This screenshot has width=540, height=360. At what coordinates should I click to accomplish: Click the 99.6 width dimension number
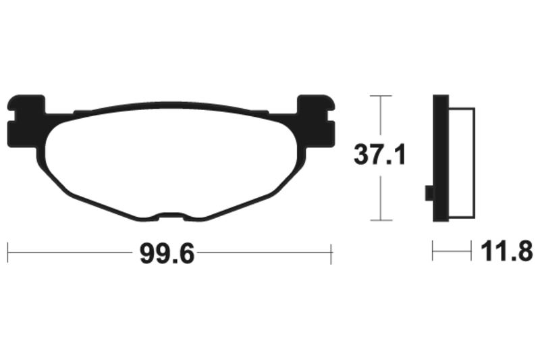click(167, 253)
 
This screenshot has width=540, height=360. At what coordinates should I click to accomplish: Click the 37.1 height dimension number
click(380, 155)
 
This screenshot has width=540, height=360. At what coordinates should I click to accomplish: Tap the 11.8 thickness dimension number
click(507, 251)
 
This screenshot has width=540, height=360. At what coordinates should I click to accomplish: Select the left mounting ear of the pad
click(26, 122)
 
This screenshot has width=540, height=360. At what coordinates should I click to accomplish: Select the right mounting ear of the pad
click(316, 122)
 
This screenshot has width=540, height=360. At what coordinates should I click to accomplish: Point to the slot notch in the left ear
click(11, 115)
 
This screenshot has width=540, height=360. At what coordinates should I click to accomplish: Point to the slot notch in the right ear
click(331, 115)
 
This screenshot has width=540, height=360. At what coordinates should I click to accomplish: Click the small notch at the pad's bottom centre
click(171, 215)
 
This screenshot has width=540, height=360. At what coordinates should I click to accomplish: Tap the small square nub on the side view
click(429, 193)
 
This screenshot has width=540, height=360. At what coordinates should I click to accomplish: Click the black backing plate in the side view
click(441, 158)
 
